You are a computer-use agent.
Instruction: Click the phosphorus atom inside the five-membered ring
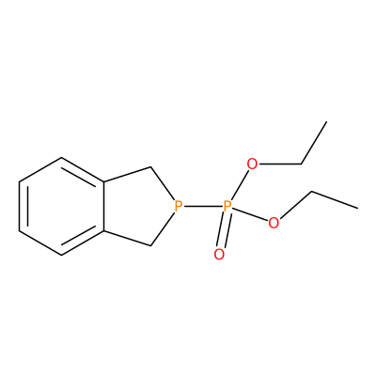click(178, 206)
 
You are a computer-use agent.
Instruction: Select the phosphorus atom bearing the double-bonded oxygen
click(227, 206)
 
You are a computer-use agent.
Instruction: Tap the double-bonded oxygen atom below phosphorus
click(219, 254)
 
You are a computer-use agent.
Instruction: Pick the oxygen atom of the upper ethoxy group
click(252, 164)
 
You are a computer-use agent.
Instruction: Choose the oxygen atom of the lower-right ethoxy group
click(274, 223)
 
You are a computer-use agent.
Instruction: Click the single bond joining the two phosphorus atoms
click(203, 207)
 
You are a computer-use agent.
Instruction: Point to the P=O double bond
click(224, 230)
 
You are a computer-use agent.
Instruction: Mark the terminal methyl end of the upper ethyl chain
click(326, 122)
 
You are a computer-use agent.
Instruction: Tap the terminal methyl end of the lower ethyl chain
click(357, 208)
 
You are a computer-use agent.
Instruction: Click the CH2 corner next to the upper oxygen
click(302, 164)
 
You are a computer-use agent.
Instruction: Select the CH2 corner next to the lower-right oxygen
click(312, 191)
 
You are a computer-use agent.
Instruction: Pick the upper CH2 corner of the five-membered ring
click(151, 166)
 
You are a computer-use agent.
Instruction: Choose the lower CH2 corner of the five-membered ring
click(151, 246)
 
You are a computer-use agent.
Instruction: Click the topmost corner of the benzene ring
click(62, 157)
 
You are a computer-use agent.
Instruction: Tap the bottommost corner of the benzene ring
click(62, 256)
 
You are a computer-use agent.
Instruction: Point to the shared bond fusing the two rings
click(104, 206)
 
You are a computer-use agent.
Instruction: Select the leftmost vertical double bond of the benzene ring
click(23, 206)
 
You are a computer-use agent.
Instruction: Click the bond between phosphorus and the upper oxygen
click(240, 185)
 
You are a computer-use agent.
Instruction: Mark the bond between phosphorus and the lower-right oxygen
click(250, 214)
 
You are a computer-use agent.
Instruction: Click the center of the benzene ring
click(62, 206)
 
